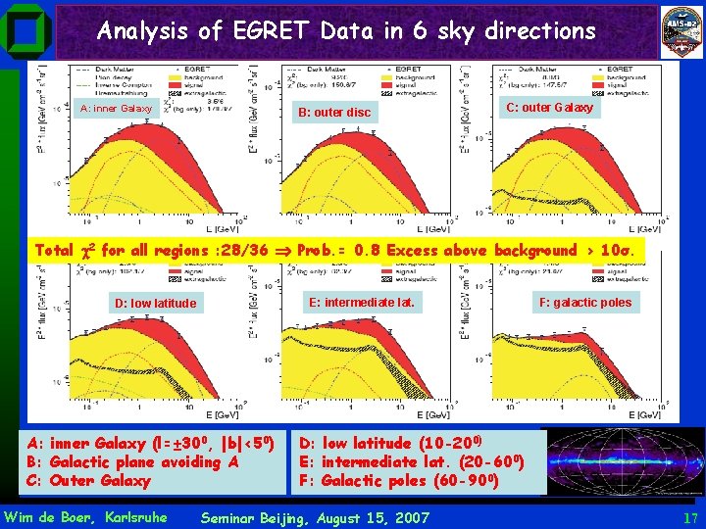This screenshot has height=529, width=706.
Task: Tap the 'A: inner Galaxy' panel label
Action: (116, 109)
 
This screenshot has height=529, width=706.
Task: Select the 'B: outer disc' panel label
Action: (335, 112)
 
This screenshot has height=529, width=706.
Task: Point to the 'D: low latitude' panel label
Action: (155, 303)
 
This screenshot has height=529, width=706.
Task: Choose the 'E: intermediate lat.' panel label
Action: (362, 302)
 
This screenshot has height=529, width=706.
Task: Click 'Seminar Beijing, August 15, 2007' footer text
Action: (314, 516)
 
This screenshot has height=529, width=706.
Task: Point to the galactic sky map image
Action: (626, 460)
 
